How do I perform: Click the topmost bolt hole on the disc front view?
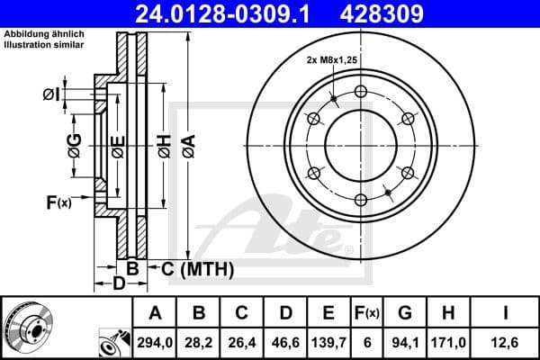click(361, 91)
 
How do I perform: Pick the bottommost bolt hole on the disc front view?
click(361, 201)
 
